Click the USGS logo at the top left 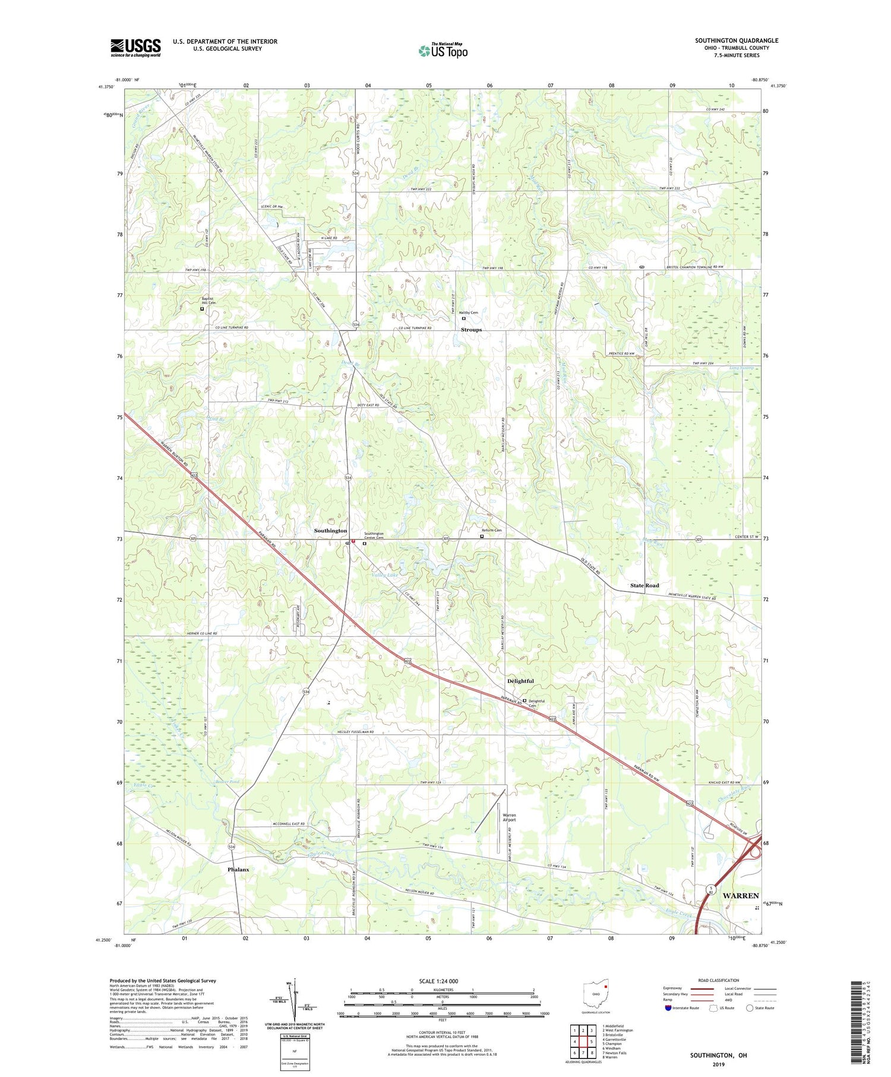(x=135, y=48)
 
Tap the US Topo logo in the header (x=442, y=51)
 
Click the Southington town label (x=330, y=530)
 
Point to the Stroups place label (x=471, y=330)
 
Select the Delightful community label (x=520, y=681)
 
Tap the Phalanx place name (x=238, y=869)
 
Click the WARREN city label (x=741, y=895)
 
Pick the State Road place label (x=644, y=585)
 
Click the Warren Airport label (x=509, y=817)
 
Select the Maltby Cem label (x=469, y=312)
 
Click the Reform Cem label (x=491, y=530)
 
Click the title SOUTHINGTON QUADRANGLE (x=736, y=40)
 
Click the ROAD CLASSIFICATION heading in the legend (x=719, y=980)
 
